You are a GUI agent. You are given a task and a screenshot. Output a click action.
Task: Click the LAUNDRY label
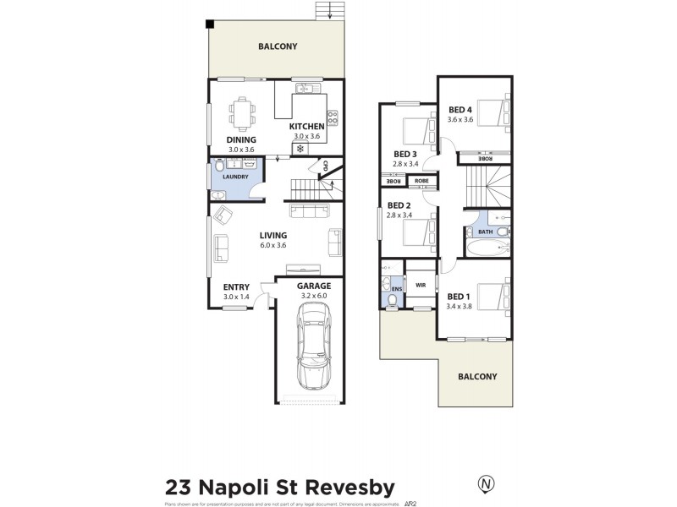coord(236,177)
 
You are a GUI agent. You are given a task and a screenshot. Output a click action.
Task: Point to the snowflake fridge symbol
coord(300,149)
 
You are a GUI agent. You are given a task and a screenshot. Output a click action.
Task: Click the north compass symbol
coord(486,484)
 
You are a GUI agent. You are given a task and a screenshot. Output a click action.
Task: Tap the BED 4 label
coord(460,110)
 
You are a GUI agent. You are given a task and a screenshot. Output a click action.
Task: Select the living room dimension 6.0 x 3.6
coord(273,245)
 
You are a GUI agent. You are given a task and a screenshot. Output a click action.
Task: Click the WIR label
coord(420,286)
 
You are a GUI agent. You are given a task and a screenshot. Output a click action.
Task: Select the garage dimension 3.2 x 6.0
coord(313,296)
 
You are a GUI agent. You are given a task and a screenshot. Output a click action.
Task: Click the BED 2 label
coord(399,205)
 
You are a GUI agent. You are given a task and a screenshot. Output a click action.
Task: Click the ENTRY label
coord(236,287)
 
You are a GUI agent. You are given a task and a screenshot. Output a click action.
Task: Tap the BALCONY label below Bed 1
coord(477,377)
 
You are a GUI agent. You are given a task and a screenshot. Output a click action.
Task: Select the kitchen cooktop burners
coord(333,117)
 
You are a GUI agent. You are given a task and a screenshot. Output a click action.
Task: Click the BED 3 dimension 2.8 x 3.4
coord(406,164)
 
